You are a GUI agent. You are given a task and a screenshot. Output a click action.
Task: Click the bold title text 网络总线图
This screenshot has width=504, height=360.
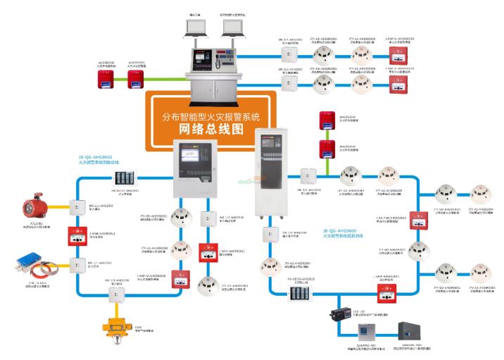(211, 130)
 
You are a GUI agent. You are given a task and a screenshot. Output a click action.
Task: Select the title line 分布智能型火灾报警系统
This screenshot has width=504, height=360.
(210, 115)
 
